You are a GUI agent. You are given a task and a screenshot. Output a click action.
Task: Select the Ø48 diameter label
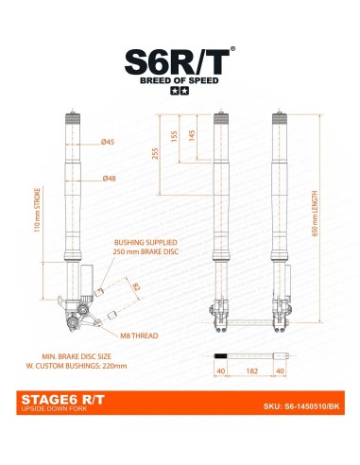tap(109, 177)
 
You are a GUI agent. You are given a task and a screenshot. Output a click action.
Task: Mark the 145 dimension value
tap(192, 136)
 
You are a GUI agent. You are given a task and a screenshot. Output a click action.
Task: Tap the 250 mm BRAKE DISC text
tap(145, 253)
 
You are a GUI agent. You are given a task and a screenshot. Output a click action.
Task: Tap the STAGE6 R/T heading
tap(60, 400)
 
